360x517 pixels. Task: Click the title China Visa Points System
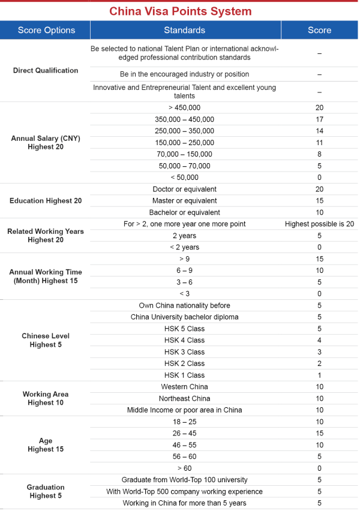point(180,11)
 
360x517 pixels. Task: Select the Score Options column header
point(46,30)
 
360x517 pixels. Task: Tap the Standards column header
point(184,30)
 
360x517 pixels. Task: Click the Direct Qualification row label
point(46,70)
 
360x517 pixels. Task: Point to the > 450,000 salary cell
point(184,108)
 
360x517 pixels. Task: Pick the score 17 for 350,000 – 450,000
point(319,119)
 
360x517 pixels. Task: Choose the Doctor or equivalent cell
point(184,190)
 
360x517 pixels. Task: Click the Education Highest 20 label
point(46,201)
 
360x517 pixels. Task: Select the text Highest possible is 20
point(319,224)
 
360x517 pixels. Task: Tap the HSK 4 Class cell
point(184,340)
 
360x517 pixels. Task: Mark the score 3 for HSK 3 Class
point(319,352)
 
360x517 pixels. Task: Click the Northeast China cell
point(184,398)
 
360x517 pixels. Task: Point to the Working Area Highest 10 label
point(46,398)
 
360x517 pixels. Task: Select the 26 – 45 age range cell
point(184,433)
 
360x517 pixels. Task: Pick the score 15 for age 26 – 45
point(319,433)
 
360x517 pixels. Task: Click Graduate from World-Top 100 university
point(184,480)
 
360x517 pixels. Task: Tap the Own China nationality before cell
point(184,305)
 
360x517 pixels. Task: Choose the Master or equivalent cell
point(184,201)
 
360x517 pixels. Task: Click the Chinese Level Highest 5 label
point(46,340)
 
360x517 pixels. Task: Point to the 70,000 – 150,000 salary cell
point(184,154)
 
